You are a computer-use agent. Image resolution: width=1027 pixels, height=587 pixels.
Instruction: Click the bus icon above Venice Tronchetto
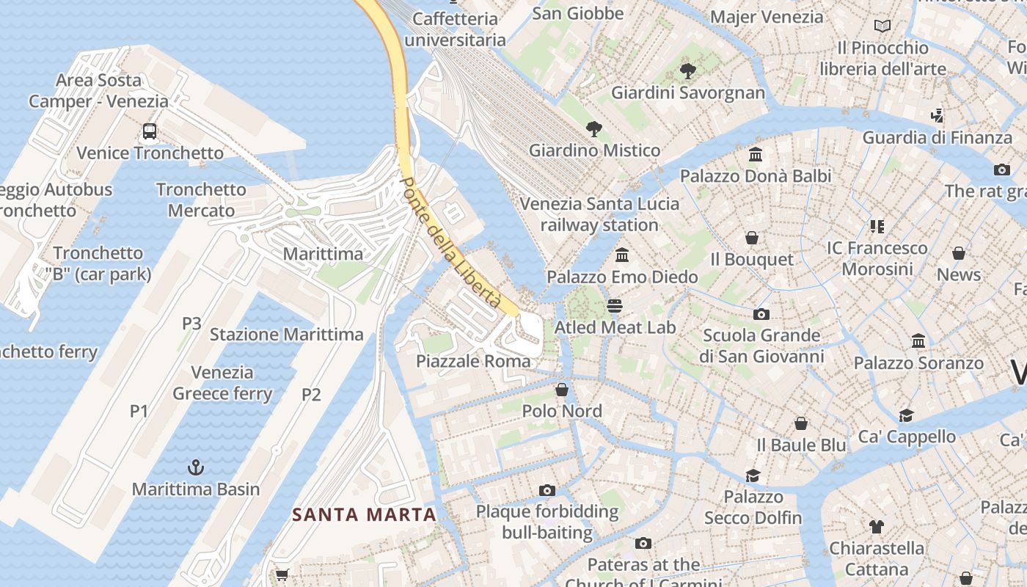(150, 131)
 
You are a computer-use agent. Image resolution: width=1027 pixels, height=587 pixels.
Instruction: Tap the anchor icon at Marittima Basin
(196, 467)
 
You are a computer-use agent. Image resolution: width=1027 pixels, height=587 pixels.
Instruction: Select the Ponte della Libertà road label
(450, 243)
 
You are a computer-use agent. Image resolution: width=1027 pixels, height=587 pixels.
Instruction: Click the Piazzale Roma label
(473, 361)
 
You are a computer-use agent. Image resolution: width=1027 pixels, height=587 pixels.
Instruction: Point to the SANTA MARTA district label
(364, 515)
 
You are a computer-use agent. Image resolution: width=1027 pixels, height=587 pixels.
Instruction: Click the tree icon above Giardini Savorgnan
(687, 71)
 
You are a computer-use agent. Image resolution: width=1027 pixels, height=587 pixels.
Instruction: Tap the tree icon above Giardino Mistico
(594, 129)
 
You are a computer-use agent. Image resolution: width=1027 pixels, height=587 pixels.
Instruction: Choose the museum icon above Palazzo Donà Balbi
(756, 155)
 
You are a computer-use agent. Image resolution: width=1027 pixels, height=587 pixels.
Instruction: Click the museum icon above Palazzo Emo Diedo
(623, 255)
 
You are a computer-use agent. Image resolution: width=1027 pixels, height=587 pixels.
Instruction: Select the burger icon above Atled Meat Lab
(615, 306)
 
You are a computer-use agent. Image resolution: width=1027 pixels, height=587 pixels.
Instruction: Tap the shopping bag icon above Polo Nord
(562, 390)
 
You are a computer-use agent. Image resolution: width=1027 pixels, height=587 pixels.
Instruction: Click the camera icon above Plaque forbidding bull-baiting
(547, 490)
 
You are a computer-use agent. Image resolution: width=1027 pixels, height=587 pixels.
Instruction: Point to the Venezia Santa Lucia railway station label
(599, 214)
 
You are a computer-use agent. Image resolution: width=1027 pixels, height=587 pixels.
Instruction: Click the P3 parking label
(191, 323)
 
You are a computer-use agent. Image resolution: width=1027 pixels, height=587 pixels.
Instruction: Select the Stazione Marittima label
(286, 335)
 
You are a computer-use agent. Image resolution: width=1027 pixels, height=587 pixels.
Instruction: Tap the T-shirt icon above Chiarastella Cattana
(876, 526)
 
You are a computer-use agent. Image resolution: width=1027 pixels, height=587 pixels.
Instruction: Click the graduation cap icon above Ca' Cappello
(907, 415)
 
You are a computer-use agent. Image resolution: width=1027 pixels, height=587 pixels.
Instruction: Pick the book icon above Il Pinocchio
(882, 26)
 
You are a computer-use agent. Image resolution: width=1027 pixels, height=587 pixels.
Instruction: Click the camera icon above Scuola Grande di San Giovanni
(761, 314)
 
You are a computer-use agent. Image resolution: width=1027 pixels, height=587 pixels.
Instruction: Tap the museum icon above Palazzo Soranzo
(918, 341)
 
